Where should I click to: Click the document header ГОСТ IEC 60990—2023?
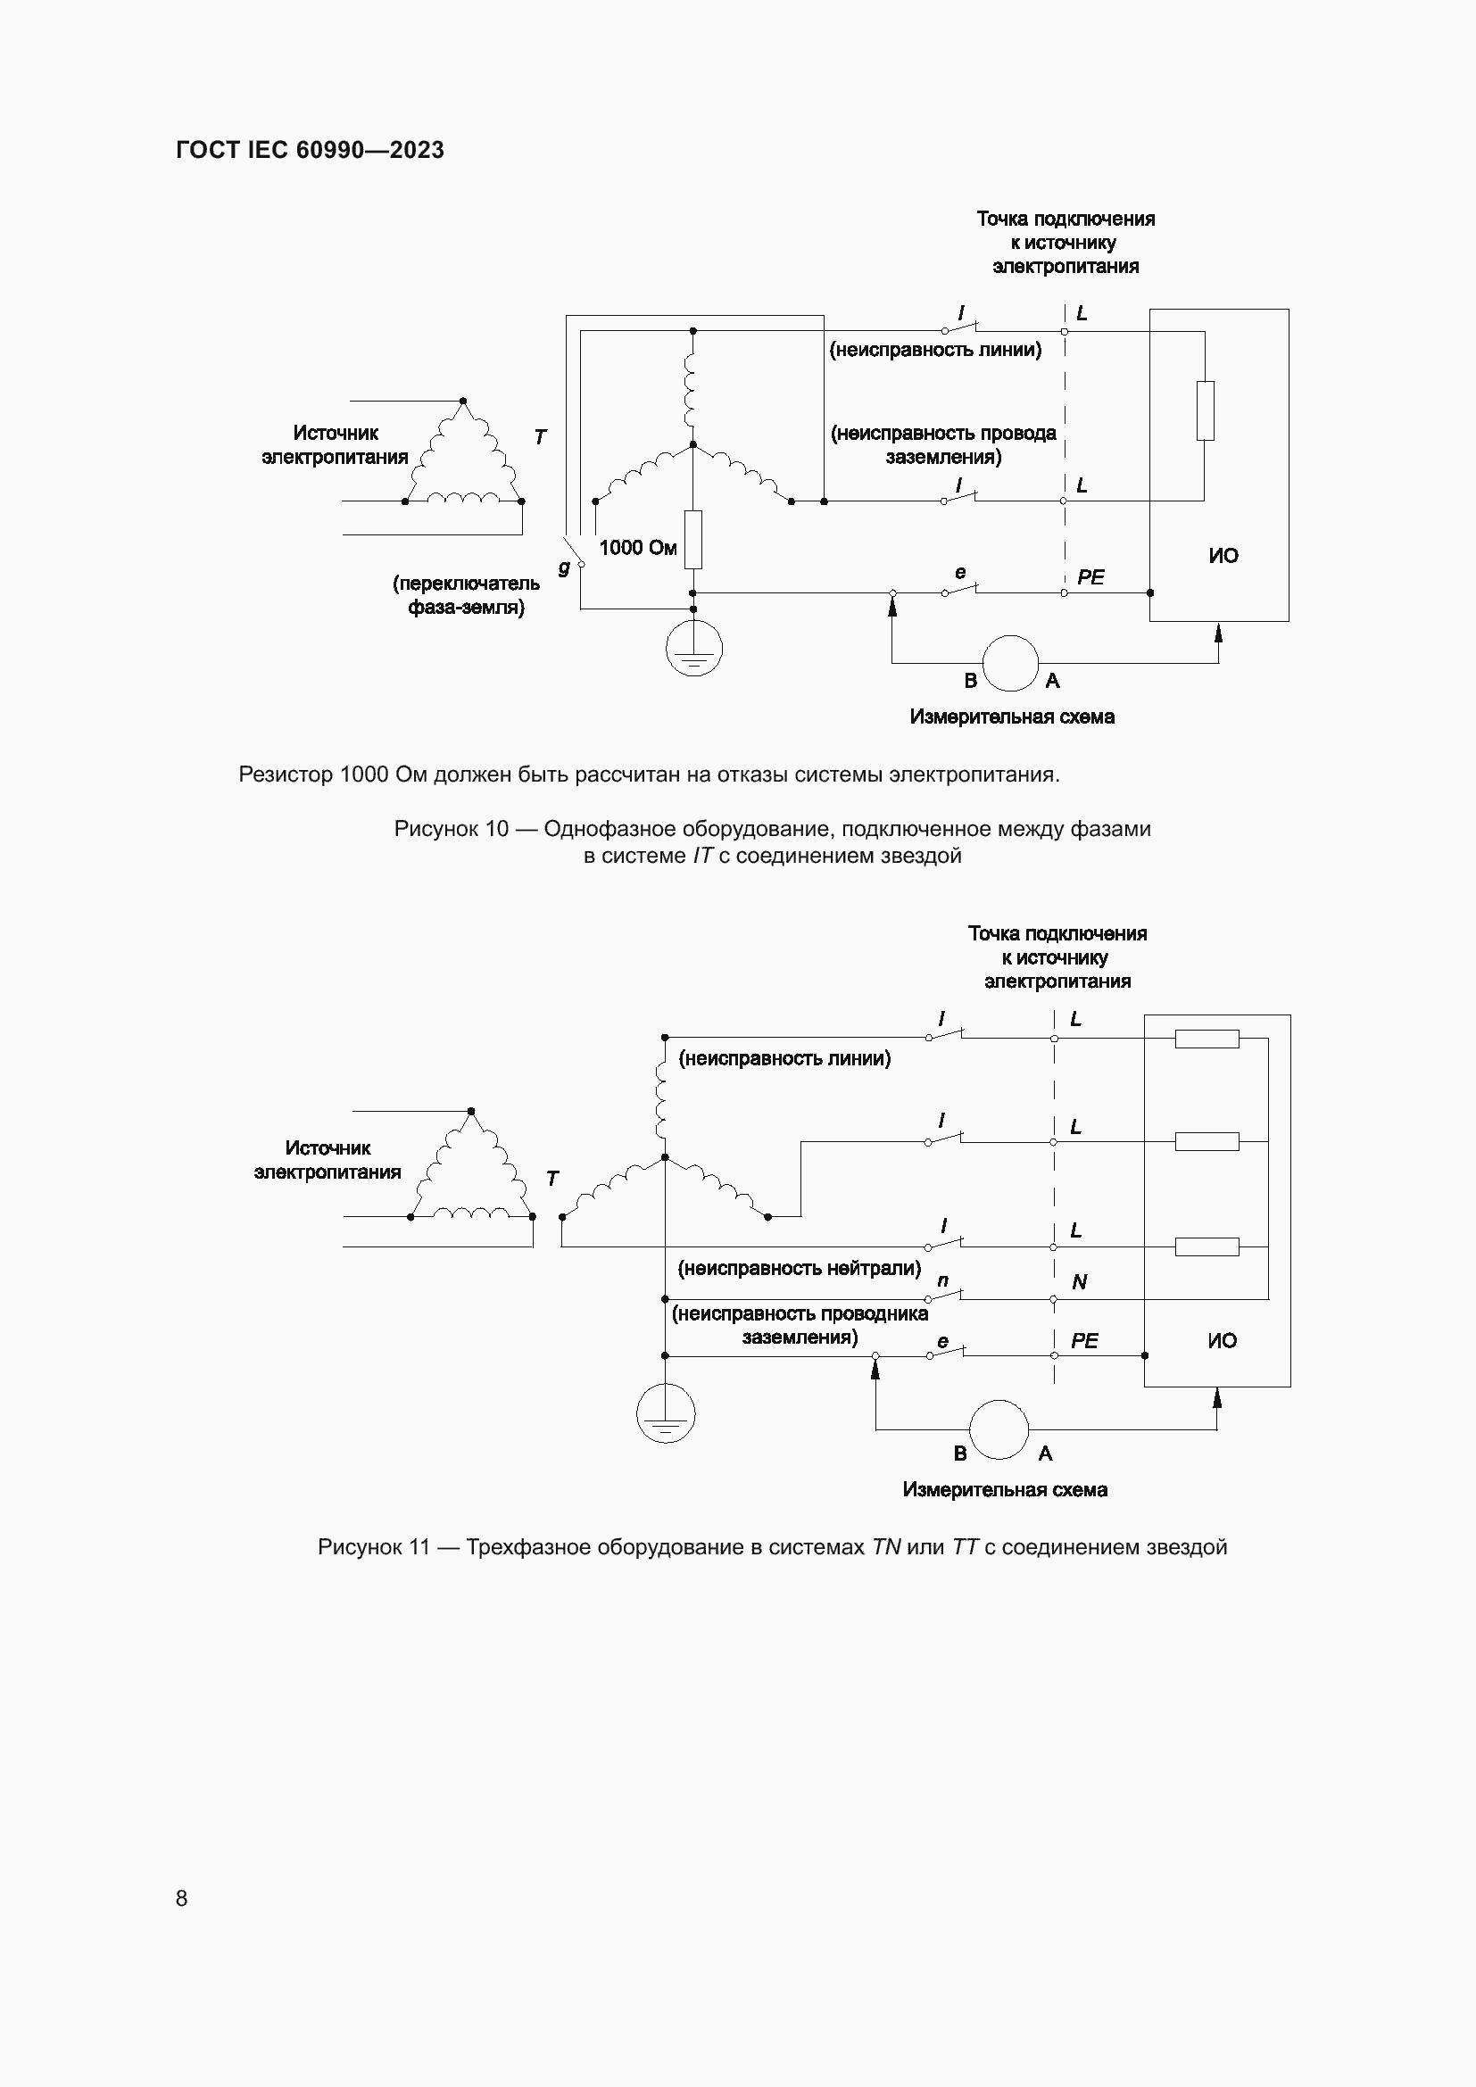click(310, 150)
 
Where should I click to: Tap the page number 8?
click(182, 1898)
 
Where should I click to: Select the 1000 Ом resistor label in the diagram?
click(637, 547)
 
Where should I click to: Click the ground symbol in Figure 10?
click(693, 650)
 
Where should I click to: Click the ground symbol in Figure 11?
click(666, 1415)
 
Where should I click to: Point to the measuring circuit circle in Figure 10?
click(1010, 664)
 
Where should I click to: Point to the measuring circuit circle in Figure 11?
click(999, 1429)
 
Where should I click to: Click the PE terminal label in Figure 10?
click(1090, 577)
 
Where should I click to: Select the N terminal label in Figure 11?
click(1079, 1282)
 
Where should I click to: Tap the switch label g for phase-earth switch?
click(564, 568)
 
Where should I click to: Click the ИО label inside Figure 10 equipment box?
click(1223, 555)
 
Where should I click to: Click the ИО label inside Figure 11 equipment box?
click(1222, 1341)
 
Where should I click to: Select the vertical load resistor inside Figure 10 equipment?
click(1205, 410)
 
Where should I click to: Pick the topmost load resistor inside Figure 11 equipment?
click(1207, 1038)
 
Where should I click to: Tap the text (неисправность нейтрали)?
click(799, 1268)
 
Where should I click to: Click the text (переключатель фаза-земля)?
click(465, 595)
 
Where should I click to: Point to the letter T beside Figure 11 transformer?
click(551, 1179)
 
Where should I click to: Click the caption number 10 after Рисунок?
click(496, 829)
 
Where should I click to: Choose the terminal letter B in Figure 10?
click(970, 681)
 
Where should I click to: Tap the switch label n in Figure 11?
click(942, 1280)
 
